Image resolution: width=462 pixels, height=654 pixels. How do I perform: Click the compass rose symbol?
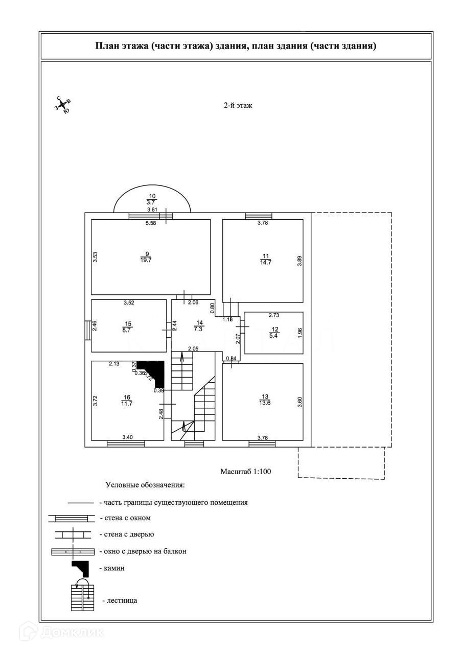point(63,105)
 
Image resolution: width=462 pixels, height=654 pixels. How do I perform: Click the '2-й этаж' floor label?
point(238,106)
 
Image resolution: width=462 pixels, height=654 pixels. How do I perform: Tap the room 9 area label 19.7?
point(146,257)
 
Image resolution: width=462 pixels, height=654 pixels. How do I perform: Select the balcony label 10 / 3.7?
point(152,199)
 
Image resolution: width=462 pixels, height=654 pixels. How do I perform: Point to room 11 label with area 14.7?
point(266,259)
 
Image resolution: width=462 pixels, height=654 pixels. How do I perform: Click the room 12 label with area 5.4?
point(275,333)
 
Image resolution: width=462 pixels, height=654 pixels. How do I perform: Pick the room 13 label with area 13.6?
point(265,400)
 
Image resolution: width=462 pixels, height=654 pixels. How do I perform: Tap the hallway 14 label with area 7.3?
point(200,325)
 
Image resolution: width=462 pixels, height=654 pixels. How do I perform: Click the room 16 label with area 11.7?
point(127,400)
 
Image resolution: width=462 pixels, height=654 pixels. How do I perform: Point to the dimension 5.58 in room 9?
point(151,223)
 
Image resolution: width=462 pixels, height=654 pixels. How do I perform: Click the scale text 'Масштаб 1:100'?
point(246,472)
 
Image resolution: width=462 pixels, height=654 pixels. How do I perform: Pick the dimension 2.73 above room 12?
point(274,315)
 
